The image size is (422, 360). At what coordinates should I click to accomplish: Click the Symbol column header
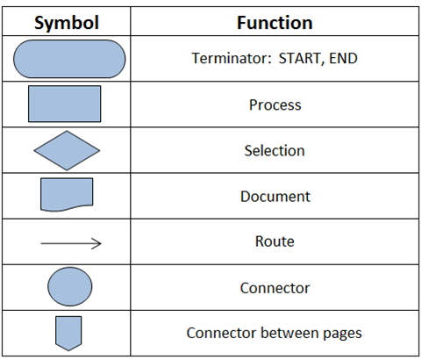[67, 23]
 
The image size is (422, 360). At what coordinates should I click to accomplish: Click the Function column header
[275, 23]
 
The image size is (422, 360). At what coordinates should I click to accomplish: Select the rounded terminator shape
[69, 59]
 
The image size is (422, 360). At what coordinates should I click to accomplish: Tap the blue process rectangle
[65, 104]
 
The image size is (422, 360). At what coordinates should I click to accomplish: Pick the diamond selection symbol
[67, 150]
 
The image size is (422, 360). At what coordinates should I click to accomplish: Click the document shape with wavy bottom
[67, 195]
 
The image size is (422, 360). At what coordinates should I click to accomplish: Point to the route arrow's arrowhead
[97, 243]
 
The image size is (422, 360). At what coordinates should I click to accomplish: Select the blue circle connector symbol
[70, 286]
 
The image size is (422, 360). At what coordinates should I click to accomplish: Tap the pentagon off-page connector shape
[68, 333]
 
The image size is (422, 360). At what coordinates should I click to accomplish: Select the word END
[343, 58]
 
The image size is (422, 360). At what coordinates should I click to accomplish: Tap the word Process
[275, 104]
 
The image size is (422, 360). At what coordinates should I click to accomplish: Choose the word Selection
[275, 150]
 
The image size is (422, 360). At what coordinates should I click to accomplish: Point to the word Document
[275, 196]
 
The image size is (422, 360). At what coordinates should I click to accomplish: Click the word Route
[275, 241]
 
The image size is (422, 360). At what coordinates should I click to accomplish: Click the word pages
[342, 335]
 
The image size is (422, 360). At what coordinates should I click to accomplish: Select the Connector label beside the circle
[275, 288]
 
